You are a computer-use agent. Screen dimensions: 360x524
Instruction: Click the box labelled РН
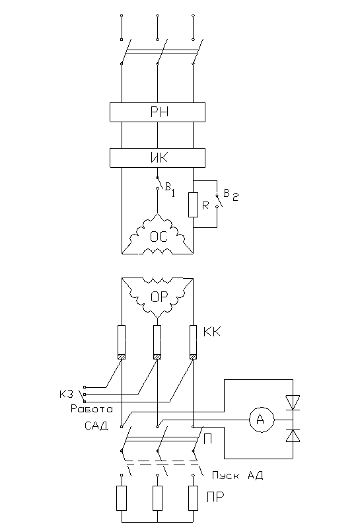click(157, 112)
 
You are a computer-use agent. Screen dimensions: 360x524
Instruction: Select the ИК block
click(157, 158)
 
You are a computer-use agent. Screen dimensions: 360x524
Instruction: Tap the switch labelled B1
click(159, 183)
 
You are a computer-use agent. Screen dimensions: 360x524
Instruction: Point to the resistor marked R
click(193, 205)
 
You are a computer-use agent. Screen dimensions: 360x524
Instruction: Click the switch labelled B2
click(218, 200)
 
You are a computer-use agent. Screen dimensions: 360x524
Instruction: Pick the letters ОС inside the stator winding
click(159, 237)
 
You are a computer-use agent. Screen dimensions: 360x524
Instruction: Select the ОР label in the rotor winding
click(159, 297)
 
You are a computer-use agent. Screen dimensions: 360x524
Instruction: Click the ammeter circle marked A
click(262, 420)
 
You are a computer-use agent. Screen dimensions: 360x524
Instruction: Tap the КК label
click(212, 332)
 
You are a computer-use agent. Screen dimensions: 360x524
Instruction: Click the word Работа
click(92, 409)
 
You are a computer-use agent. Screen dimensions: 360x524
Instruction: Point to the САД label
click(96, 426)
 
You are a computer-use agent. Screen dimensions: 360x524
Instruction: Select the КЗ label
click(66, 394)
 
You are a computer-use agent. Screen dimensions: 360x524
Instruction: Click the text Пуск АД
click(237, 475)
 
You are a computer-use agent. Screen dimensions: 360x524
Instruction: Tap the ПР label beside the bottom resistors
click(215, 498)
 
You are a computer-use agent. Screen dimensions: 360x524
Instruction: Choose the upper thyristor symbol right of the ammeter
click(293, 402)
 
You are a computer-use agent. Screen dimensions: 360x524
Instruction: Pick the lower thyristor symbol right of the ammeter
click(293, 435)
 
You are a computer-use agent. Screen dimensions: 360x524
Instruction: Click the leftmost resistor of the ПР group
click(122, 498)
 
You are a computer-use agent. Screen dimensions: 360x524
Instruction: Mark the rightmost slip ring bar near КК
click(193, 342)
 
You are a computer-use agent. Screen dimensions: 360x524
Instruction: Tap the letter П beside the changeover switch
click(207, 439)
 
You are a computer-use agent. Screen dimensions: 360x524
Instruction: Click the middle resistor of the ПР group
click(158, 498)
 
